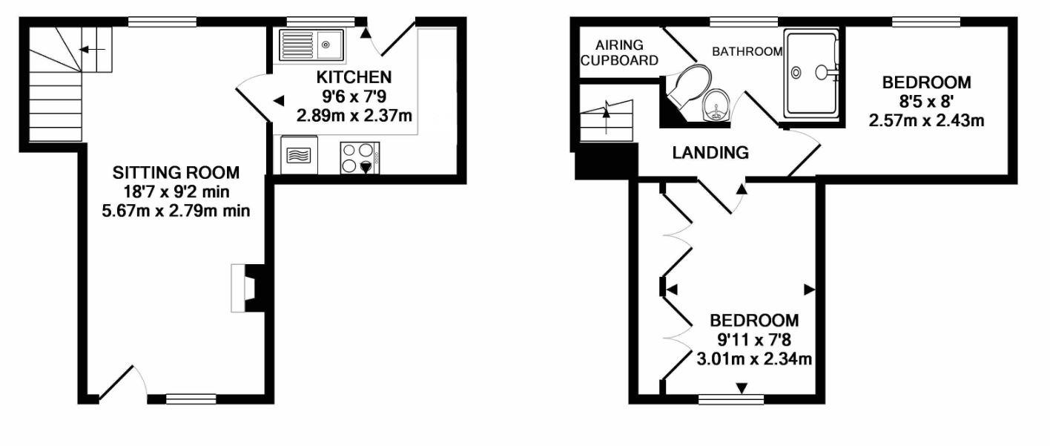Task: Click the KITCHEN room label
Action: pos(354,77)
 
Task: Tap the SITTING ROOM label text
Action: pos(176,173)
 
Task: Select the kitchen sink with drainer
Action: pos(311,45)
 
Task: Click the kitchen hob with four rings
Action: pos(360,157)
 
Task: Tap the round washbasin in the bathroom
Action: pos(716,105)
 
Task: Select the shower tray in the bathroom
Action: pos(812,73)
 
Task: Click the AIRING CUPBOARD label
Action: pos(619,53)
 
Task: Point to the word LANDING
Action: pos(710,154)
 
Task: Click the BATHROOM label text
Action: pos(747,52)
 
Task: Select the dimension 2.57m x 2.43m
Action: pos(926,119)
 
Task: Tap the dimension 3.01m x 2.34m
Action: pos(754,361)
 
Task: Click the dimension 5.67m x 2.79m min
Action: pos(176,211)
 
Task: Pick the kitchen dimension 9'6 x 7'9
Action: pos(354,96)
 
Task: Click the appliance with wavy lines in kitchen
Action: pos(300,157)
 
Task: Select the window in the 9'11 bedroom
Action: pos(731,399)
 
